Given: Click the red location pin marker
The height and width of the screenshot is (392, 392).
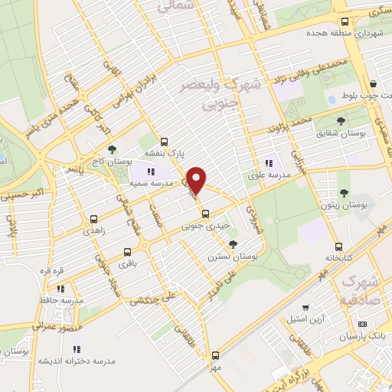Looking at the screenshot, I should (x=197, y=180).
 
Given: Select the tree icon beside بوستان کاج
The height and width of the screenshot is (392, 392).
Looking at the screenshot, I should (x=113, y=150).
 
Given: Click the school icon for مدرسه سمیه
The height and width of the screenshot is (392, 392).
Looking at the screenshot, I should (x=151, y=172).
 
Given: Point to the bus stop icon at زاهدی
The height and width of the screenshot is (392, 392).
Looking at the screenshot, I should (x=93, y=218).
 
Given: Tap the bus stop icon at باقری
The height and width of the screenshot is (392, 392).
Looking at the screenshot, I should (x=126, y=251).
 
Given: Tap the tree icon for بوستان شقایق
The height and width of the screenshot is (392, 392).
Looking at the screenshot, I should (x=341, y=120).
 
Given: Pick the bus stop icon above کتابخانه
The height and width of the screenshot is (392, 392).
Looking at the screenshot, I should (x=338, y=247).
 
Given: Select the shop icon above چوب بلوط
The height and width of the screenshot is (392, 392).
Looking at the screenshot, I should (x=373, y=83).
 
